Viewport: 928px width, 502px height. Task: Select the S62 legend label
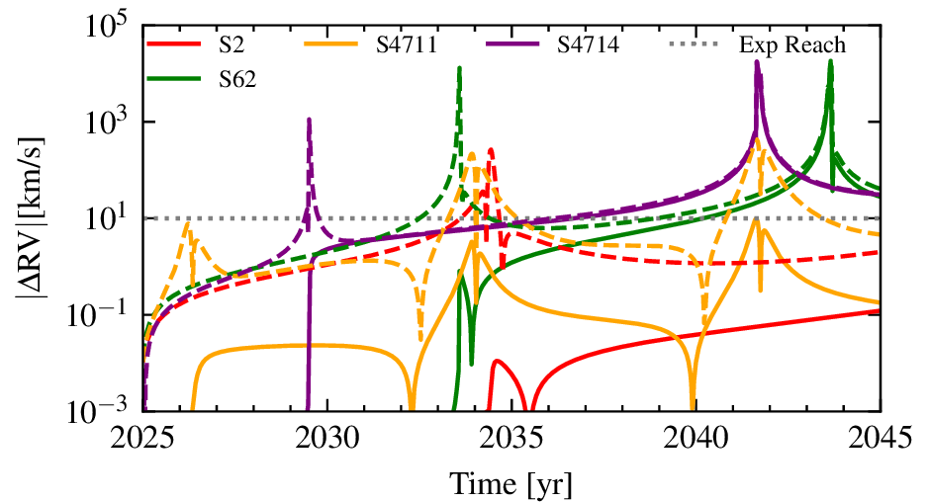coord(237,80)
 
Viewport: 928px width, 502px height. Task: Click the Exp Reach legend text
coord(792,45)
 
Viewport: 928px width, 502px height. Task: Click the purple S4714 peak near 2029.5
coord(310,121)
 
